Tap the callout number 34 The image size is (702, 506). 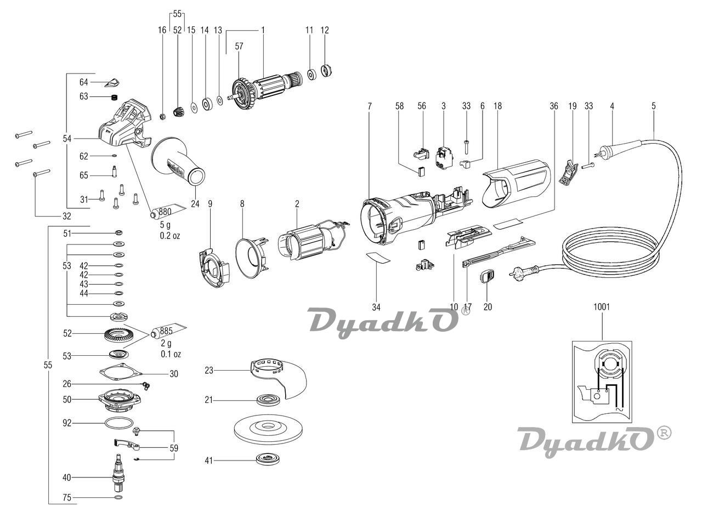(x=376, y=307)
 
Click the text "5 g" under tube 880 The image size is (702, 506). (x=165, y=225)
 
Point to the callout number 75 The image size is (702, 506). (x=66, y=498)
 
